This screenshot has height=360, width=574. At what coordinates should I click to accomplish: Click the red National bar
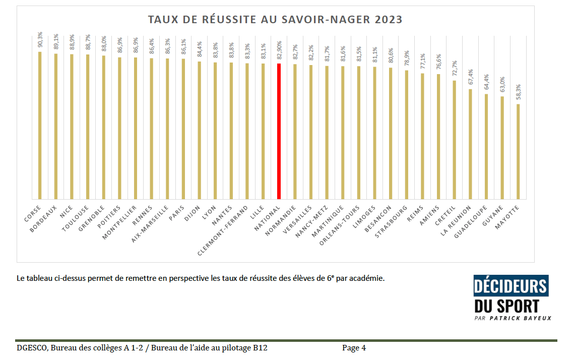point(279,131)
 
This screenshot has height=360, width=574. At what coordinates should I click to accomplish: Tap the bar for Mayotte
point(518,151)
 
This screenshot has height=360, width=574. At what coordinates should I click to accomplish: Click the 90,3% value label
point(40,40)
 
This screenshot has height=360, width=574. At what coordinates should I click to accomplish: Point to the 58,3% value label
point(518,93)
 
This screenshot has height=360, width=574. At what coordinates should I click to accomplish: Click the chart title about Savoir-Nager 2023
point(275,20)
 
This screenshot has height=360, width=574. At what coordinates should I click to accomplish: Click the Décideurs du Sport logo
point(511,294)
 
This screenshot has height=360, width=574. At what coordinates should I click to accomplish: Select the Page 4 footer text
point(354,347)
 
